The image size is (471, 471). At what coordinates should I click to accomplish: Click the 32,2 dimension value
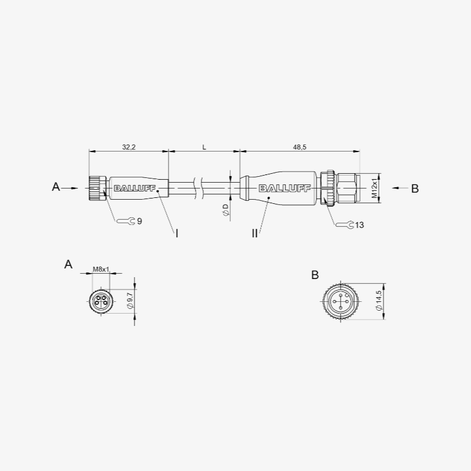(x=129, y=147)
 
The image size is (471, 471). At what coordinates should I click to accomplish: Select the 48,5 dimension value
(x=300, y=147)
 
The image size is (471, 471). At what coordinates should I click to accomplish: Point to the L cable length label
(x=204, y=147)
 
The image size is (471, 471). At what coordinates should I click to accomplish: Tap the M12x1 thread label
(x=374, y=188)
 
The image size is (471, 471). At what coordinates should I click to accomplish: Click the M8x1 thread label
(x=101, y=269)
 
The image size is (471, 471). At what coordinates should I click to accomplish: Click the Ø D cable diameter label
(x=226, y=210)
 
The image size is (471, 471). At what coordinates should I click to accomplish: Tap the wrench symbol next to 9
(x=126, y=221)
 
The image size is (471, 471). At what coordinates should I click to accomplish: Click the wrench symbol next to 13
(x=345, y=225)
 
